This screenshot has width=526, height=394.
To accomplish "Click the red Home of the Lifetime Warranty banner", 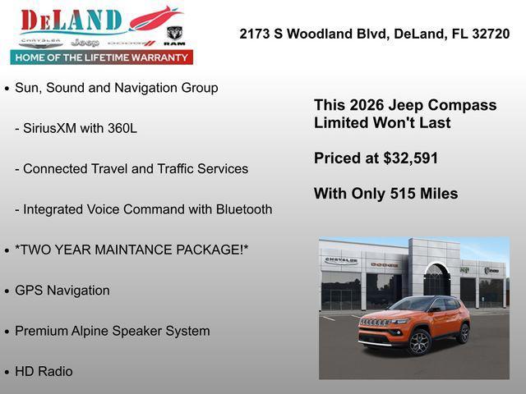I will pyautogui.click(x=102, y=57).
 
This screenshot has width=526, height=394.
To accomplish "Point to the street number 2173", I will pyautogui.click(x=255, y=34).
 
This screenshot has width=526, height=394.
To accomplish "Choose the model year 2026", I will pyautogui.click(x=367, y=105).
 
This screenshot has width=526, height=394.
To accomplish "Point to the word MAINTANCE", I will pyautogui.click(x=127, y=250).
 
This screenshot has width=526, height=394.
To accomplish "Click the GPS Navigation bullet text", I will pyautogui.click(x=62, y=291).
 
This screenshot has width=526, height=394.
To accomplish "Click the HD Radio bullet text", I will pyautogui.click(x=44, y=371).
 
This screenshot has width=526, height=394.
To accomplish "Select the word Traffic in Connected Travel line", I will pyautogui.click(x=156, y=169).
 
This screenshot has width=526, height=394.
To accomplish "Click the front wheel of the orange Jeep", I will pyautogui.click(x=419, y=342).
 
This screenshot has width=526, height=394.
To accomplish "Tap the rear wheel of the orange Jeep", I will pyautogui.click(x=464, y=332).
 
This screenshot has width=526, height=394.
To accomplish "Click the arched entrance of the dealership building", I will pyautogui.click(x=436, y=280).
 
